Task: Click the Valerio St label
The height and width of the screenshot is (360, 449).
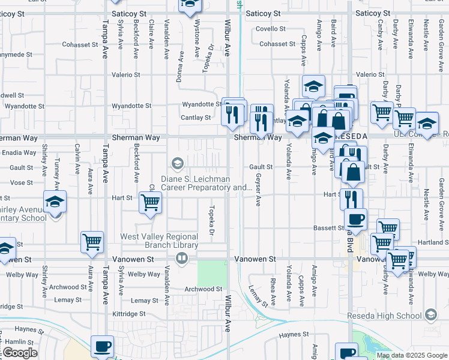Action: point(126,75)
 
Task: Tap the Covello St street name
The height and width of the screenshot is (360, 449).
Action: point(270,29)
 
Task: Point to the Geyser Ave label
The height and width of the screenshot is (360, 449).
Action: point(258,191)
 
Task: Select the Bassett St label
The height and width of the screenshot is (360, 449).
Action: point(328,228)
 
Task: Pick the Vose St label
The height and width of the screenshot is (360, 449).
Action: point(21,182)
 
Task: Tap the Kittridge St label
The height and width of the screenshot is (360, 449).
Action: point(130,314)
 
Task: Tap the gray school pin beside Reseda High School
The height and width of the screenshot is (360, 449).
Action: point(431,314)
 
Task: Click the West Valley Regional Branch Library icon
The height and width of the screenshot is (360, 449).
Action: point(181,259)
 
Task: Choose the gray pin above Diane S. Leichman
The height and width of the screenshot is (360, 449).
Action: point(177,163)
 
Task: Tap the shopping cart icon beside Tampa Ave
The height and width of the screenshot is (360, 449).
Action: point(92,242)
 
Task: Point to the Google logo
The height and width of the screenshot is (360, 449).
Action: point(20,353)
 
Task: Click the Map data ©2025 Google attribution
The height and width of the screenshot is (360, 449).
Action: point(412,355)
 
